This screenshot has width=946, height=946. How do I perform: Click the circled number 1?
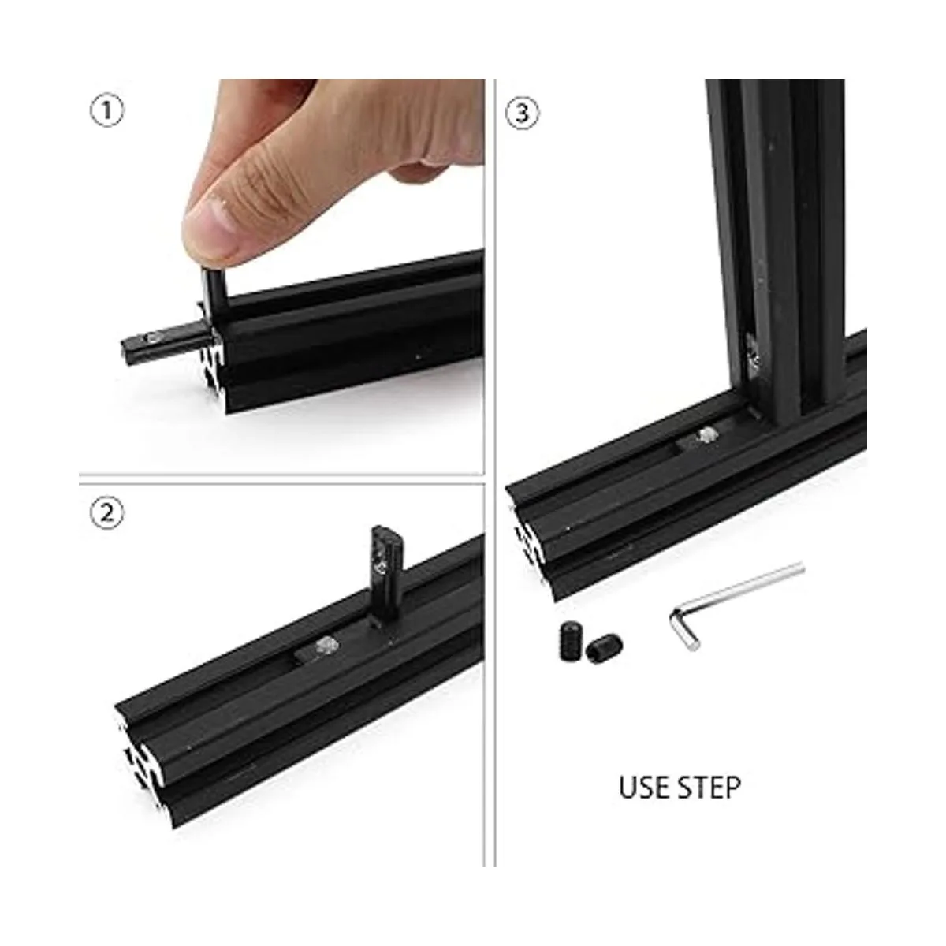tap(107, 111)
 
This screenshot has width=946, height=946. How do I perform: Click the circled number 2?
tap(107, 513)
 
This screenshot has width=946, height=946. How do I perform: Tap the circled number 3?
tap(523, 114)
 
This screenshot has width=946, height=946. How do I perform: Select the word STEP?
tap(709, 787)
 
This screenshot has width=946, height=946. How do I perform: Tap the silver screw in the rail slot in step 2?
tap(325, 646)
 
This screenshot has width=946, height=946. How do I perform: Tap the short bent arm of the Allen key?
tap(683, 632)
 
